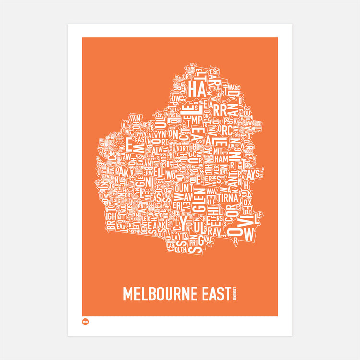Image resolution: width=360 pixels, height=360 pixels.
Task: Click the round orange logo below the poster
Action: point(85,322)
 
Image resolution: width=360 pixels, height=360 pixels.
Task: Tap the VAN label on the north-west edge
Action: point(135,118)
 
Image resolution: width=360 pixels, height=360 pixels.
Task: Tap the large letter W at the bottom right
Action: point(248,235)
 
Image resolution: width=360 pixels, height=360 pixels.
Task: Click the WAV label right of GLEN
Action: point(212,191)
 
